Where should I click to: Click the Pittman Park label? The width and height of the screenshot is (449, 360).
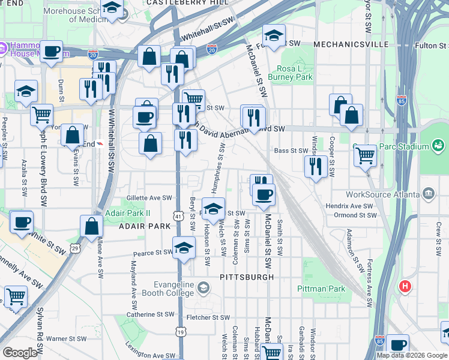[321, 289]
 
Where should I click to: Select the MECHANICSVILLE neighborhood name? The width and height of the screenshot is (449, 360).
[348, 44]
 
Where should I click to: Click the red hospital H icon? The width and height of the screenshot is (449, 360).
[405, 287]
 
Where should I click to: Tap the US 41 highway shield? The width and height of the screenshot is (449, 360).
[179, 215]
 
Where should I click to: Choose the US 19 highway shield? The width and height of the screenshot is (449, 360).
[180, 331]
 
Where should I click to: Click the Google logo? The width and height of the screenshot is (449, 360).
[19, 353]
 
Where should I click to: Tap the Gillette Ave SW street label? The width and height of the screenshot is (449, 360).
[149, 197]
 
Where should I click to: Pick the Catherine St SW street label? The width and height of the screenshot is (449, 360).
[150, 314]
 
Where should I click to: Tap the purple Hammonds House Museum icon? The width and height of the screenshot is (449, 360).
[2, 47]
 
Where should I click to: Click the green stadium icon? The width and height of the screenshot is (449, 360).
[438, 146]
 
